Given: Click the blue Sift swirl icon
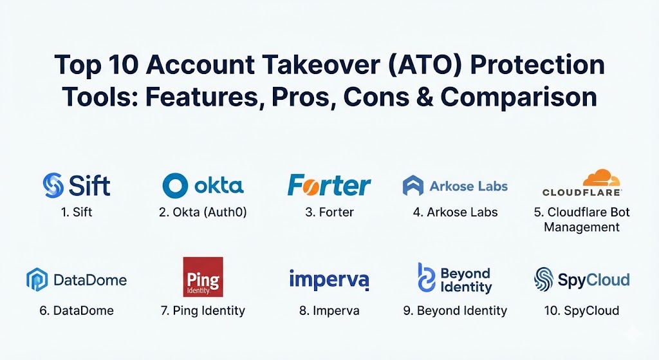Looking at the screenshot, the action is pyautogui.click(x=53, y=185).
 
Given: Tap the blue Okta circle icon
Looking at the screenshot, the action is pyautogui.click(x=175, y=185).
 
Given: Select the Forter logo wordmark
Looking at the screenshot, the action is pyautogui.click(x=329, y=185).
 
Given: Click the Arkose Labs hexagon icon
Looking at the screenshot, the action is pyautogui.click(x=413, y=185).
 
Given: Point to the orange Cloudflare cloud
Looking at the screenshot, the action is pyautogui.click(x=601, y=178).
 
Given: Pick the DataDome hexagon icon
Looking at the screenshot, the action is pyautogui.click(x=37, y=279).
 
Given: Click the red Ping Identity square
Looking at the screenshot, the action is pyautogui.click(x=203, y=277).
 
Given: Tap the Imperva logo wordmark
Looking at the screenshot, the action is pyautogui.click(x=329, y=280).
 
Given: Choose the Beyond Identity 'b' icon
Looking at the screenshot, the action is pyautogui.click(x=426, y=278).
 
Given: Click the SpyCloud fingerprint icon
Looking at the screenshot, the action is pyautogui.click(x=543, y=279).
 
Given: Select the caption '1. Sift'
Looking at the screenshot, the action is pyautogui.click(x=77, y=213).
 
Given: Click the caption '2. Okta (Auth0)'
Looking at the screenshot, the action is pyautogui.click(x=203, y=213).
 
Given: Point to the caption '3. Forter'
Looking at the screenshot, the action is pyautogui.click(x=329, y=213).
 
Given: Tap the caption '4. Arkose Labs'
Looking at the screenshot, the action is pyautogui.click(x=455, y=213).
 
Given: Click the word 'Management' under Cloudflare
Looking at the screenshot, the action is pyautogui.click(x=582, y=227).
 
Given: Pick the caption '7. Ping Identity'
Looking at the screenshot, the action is pyautogui.click(x=203, y=311).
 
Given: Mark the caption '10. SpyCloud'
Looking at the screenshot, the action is pyautogui.click(x=582, y=311).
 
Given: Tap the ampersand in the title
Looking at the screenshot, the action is pyautogui.click(x=422, y=97).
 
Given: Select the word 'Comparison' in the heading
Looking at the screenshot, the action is pyautogui.click(x=519, y=98).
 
